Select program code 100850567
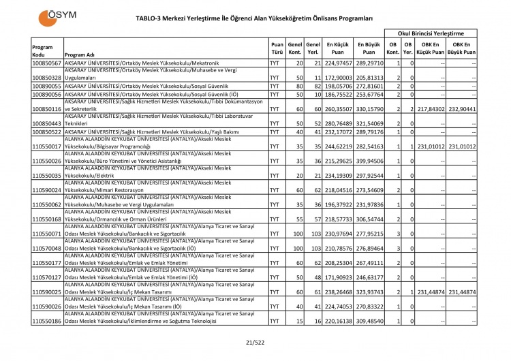click(x=47, y=63)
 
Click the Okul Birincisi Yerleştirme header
click(x=431, y=33)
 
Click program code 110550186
click(x=47, y=321)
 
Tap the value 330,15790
click(x=369, y=108)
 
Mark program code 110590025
click(x=47, y=292)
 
